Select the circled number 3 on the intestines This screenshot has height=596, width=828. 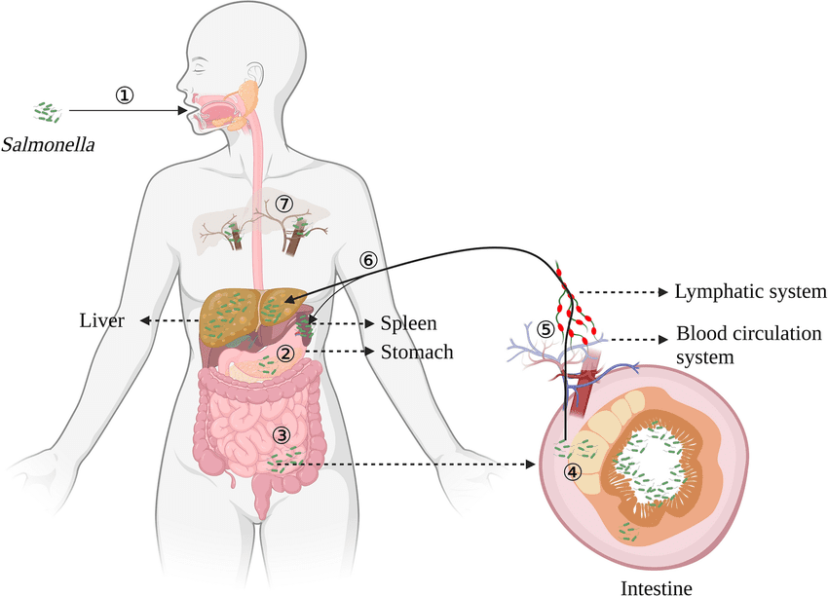(x=282, y=434)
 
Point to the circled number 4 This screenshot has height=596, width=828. (x=572, y=471)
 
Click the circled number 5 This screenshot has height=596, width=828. (x=546, y=329)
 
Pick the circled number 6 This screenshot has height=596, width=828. (x=367, y=260)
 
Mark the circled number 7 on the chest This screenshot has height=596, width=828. (x=283, y=204)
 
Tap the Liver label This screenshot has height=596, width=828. (x=101, y=321)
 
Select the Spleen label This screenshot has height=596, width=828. (x=408, y=322)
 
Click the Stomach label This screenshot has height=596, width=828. (x=417, y=352)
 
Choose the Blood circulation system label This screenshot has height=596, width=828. (x=748, y=345)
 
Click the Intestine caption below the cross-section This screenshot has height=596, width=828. (x=657, y=587)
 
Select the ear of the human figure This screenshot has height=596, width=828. (x=254, y=75)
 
